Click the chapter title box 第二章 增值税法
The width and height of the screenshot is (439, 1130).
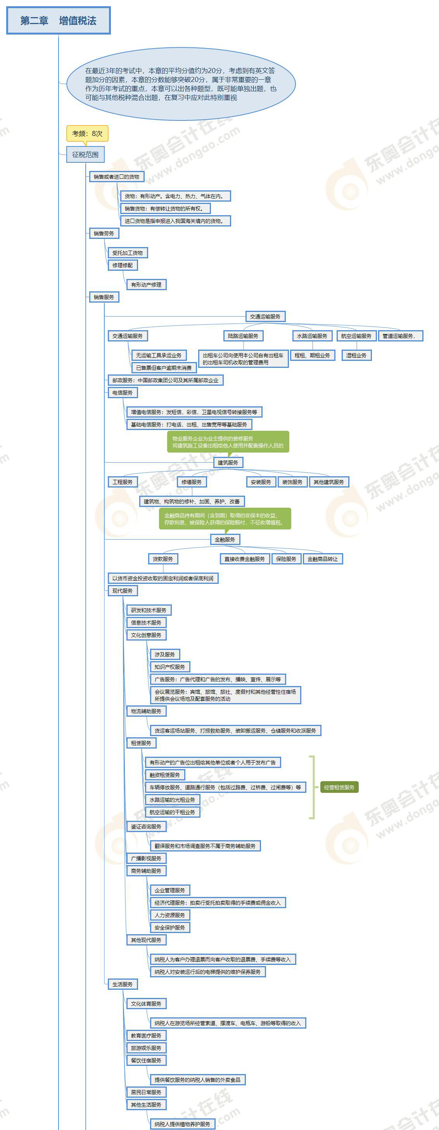tap(58, 21)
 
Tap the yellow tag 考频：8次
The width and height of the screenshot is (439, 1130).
tap(87, 133)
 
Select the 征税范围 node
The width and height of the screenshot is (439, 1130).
tap(85, 155)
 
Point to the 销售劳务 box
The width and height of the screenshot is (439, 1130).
tap(104, 233)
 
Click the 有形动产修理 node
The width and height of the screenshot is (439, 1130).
tap(146, 285)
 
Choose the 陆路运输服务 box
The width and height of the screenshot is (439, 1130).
tap(243, 336)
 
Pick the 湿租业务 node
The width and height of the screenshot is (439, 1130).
tap(356, 355)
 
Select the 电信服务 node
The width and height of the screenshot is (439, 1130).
tap(123, 393)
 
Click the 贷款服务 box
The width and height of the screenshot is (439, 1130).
tap(163, 559)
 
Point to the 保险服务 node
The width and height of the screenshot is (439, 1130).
tap(286, 559)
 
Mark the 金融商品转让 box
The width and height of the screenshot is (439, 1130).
tap(322, 559)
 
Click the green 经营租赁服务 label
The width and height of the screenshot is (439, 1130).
tap(339, 787)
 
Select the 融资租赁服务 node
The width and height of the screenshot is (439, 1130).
tap(165, 775)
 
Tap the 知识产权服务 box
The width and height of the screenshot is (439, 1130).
tap(169, 667)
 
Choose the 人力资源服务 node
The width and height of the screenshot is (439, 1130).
tap(169, 915)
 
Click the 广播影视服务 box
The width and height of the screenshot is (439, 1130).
tap(146, 858)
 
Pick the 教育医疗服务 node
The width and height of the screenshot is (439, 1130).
tap(146, 1036)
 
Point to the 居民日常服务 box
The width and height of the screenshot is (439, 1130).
tap(146, 1092)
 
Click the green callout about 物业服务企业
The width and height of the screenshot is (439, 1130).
tap(228, 442)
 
